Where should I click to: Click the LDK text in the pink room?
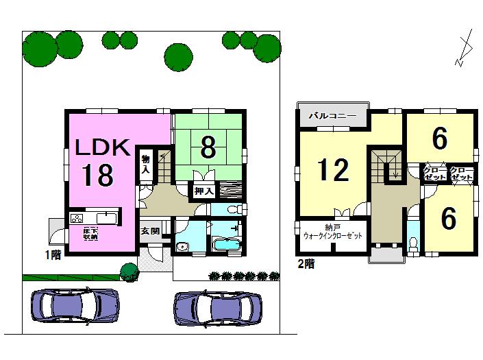tap(102, 147)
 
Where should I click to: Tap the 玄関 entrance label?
tap(151, 231)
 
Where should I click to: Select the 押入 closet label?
tap(202, 190)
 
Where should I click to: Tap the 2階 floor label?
tap(306, 263)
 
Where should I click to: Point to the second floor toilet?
tap(412, 243)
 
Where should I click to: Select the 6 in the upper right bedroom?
tap(440, 139)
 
